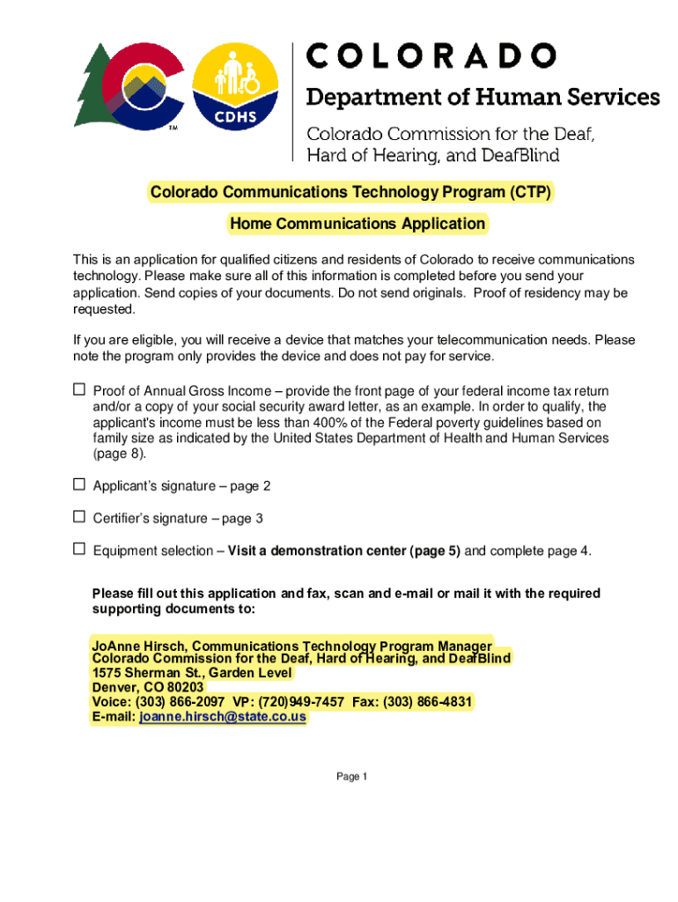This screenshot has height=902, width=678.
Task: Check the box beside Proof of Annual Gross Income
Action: [x=78, y=389]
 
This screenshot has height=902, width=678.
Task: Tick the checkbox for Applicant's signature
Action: [x=78, y=484]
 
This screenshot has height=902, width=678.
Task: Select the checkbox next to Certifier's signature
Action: [x=78, y=517]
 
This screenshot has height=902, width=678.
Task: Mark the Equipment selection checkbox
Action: [x=78, y=550]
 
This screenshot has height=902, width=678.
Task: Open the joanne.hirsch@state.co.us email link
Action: [x=223, y=717]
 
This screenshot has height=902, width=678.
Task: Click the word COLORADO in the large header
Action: [x=431, y=56]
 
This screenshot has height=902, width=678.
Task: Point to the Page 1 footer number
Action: [x=351, y=776]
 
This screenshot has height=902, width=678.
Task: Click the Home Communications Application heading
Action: [x=357, y=224]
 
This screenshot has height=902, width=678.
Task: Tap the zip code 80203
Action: [x=185, y=687]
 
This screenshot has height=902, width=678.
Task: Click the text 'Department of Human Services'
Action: [x=483, y=97]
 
